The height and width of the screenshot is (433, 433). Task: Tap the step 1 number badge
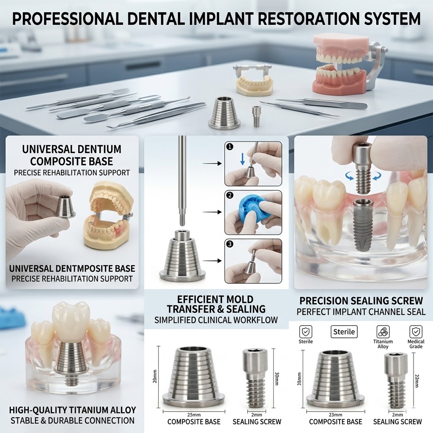230,147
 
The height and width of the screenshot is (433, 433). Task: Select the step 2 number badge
230,195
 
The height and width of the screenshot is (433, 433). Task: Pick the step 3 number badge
230,244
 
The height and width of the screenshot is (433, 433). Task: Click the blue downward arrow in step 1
242,159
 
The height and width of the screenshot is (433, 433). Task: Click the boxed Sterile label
344,332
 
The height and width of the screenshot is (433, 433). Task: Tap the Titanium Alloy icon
383,332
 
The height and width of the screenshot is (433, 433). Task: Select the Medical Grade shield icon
416,332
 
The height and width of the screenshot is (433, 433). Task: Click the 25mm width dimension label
194,415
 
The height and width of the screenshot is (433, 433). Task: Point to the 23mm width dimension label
335,415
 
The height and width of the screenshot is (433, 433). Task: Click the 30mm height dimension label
277,379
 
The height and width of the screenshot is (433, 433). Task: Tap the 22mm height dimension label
417,381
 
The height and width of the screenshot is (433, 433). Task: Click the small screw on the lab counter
256,116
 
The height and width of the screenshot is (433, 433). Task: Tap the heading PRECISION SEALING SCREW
361,301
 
